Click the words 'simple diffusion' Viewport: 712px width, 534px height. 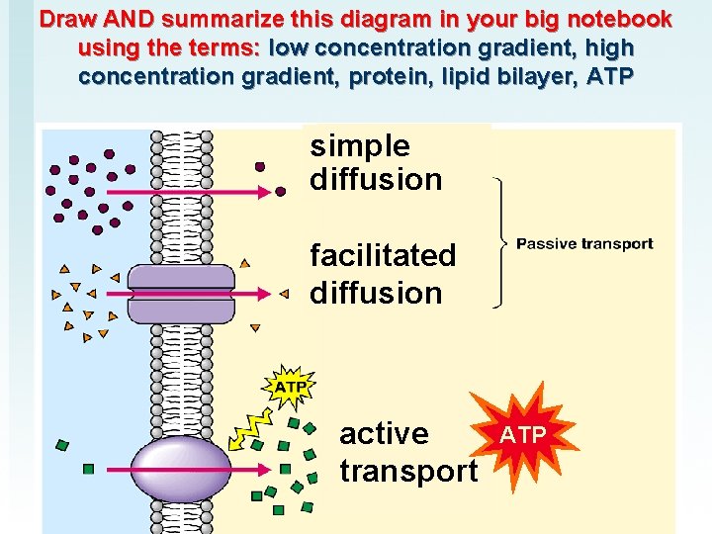point(376,163)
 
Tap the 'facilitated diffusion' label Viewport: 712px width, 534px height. point(383,274)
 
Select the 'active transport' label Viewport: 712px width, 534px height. point(407,452)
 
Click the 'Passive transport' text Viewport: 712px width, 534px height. point(584,244)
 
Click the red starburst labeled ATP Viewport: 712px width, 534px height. point(521,435)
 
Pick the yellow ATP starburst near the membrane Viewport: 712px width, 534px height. point(288,386)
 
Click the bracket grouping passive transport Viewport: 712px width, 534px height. point(503,243)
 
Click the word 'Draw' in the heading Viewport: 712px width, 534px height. point(66,20)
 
